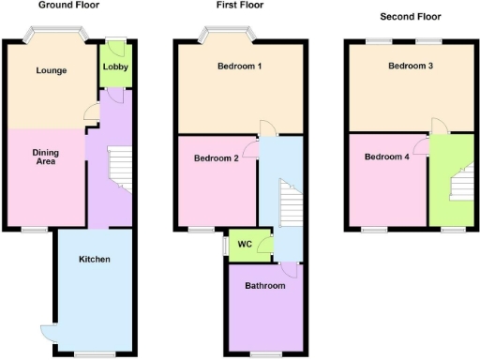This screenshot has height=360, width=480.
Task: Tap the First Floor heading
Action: click(238, 6)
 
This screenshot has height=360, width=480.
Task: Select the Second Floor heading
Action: click(410, 17)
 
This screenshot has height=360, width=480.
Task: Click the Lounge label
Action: click(51, 71)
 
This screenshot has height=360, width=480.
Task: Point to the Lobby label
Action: click(115, 67)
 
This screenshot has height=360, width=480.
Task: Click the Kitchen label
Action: click(95, 259)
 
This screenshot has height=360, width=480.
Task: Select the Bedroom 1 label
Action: click(239, 67)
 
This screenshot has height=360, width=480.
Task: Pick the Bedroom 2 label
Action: click(216, 158)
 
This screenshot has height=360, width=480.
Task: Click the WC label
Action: click(244, 245)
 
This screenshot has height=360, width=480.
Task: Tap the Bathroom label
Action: click(264, 285)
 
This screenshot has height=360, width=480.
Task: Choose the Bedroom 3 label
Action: click(411, 67)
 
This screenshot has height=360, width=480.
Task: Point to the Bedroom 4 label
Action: click(387, 157)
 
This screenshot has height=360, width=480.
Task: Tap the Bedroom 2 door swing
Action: click(250, 148)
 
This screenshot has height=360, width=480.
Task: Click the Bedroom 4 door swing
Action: click(425, 146)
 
